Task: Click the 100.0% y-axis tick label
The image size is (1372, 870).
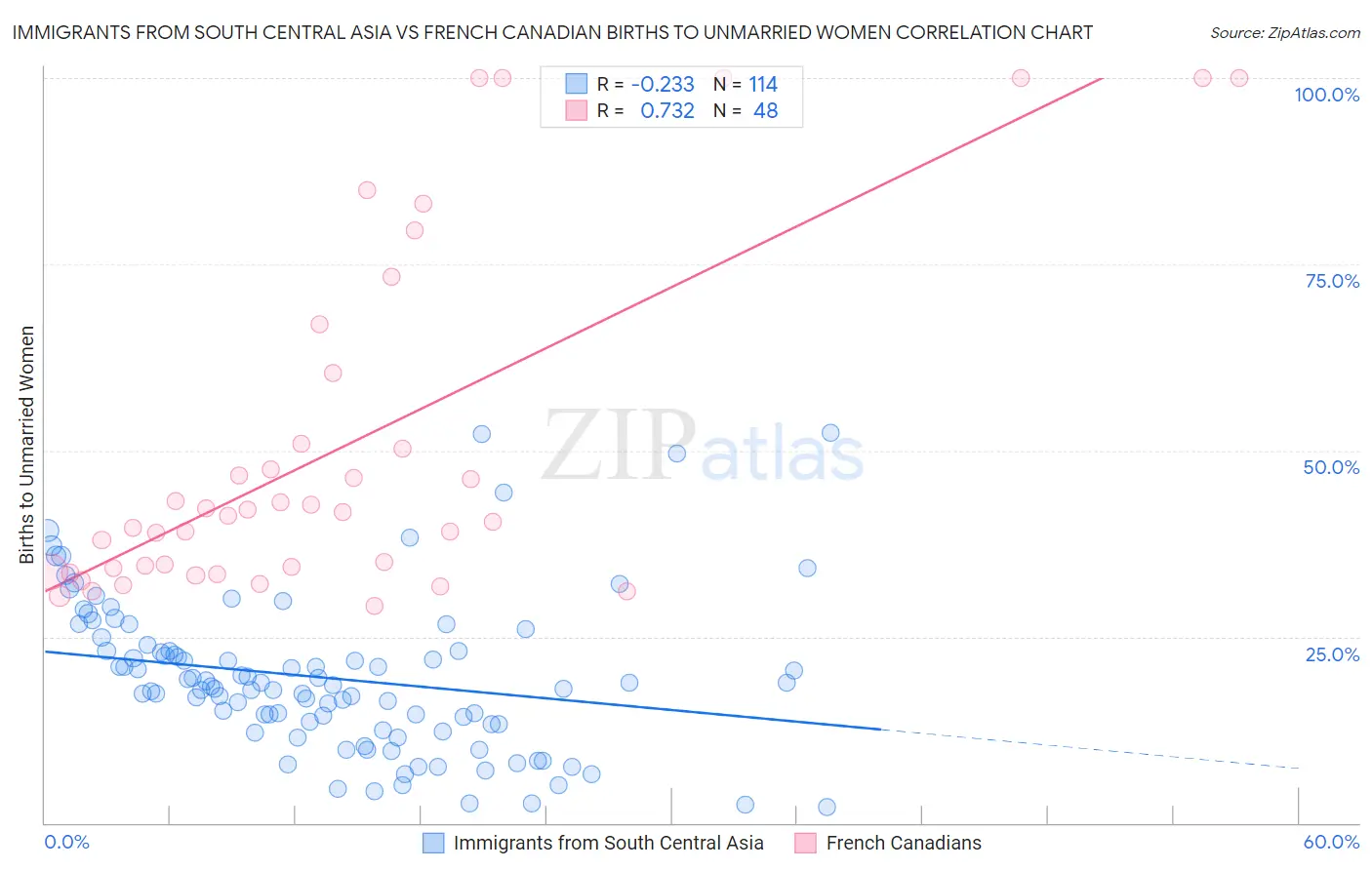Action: click(x=1326, y=95)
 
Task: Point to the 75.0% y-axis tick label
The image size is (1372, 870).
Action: click(x=1332, y=281)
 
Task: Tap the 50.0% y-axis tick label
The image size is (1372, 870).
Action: click(x=1331, y=467)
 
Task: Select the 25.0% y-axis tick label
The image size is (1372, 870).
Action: click(x=1332, y=653)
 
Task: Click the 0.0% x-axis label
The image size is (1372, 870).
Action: click(x=66, y=842)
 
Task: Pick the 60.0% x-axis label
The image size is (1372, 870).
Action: click(x=1331, y=842)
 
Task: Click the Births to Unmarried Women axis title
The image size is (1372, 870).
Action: click(x=26, y=445)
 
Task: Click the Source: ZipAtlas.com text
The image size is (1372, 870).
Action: click(x=1284, y=32)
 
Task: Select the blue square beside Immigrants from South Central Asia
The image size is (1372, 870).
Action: click(x=433, y=843)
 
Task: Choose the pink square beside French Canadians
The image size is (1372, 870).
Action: click(x=805, y=843)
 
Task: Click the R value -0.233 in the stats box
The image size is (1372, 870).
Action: click(x=663, y=84)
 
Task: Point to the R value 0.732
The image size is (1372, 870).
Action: click(x=667, y=110)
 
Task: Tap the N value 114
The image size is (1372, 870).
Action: click(x=763, y=84)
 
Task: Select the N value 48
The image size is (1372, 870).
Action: click(x=766, y=110)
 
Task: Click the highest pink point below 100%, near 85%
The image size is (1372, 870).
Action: click(x=367, y=190)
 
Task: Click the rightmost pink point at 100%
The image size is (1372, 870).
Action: click(x=1238, y=78)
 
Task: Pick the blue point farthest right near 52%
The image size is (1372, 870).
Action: click(x=830, y=433)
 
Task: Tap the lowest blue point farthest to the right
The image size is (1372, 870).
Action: click(x=827, y=807)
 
